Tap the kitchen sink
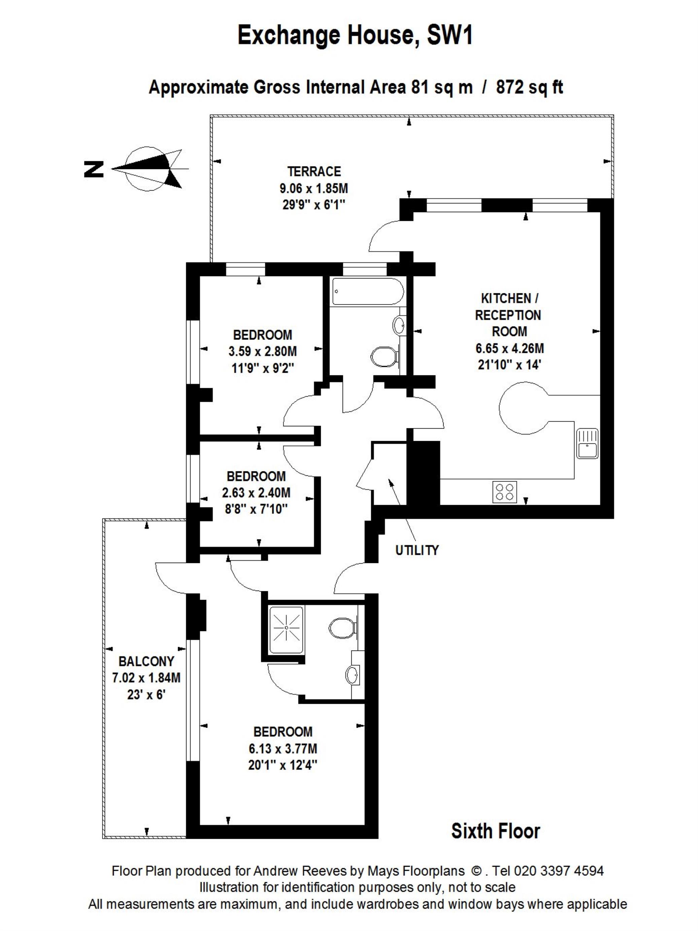pyautogui.click(x=587, y=443)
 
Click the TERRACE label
pyautogui.click(x=314, y=171)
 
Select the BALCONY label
pyautogui.click(x=146, y=661)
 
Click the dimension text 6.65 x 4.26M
pyautogui.click(x=510, y=348)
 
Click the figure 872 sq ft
pyautogui.click(x=529, y=88)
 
